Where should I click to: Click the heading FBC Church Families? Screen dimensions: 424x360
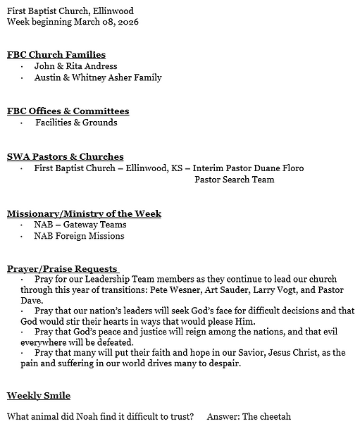click(x=56, y=54)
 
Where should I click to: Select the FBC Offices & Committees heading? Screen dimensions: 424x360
click(x=68, y=111)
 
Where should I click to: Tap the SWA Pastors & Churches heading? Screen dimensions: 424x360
click(x=65, y=156)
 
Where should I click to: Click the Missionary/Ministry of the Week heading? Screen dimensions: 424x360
click(x=84, y=213)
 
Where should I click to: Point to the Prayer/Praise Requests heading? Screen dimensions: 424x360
click(x=62, y=268)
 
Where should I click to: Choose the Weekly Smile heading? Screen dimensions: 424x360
click(x=38, y=395)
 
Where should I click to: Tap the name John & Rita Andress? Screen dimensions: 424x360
click(x=75, y=66)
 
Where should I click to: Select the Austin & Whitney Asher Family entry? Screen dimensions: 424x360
click(x=98, y=77)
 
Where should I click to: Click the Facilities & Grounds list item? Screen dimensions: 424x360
click(x=76, y=123)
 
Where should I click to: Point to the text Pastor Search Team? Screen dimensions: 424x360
click(x=234, y=180)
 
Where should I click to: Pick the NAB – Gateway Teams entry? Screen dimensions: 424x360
click(x=80, y=225)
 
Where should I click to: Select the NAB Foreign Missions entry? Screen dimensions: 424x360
click(x=79, y=236)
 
